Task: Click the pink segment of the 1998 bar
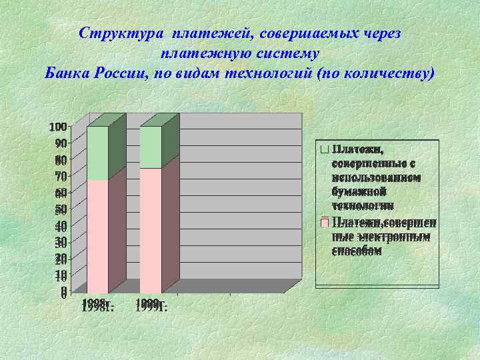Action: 98,236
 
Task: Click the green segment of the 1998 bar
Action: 98,153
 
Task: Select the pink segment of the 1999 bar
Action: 150,231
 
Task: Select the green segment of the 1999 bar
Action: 150,147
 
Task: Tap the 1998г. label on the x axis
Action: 99,305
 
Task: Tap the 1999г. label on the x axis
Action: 151,305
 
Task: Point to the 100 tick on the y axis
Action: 58,127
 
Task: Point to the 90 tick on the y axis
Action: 61,143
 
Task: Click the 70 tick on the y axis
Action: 61,177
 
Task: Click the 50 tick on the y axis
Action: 61,209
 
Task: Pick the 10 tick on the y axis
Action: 61,275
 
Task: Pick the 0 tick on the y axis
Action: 63,292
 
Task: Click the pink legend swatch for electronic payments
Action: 324,222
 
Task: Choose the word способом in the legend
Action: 357,251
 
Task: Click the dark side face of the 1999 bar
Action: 171,220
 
